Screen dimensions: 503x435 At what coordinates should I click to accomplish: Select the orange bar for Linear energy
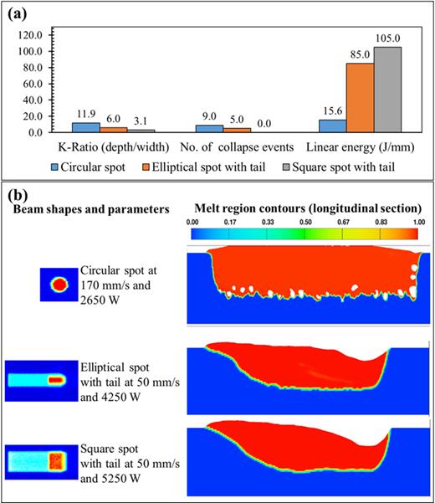[360, 98]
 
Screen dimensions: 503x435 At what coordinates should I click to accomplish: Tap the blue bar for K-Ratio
[85, 127]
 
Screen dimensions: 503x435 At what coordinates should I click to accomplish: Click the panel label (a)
[18, 13]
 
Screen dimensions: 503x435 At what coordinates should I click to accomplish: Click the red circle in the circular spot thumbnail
[59, 284]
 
